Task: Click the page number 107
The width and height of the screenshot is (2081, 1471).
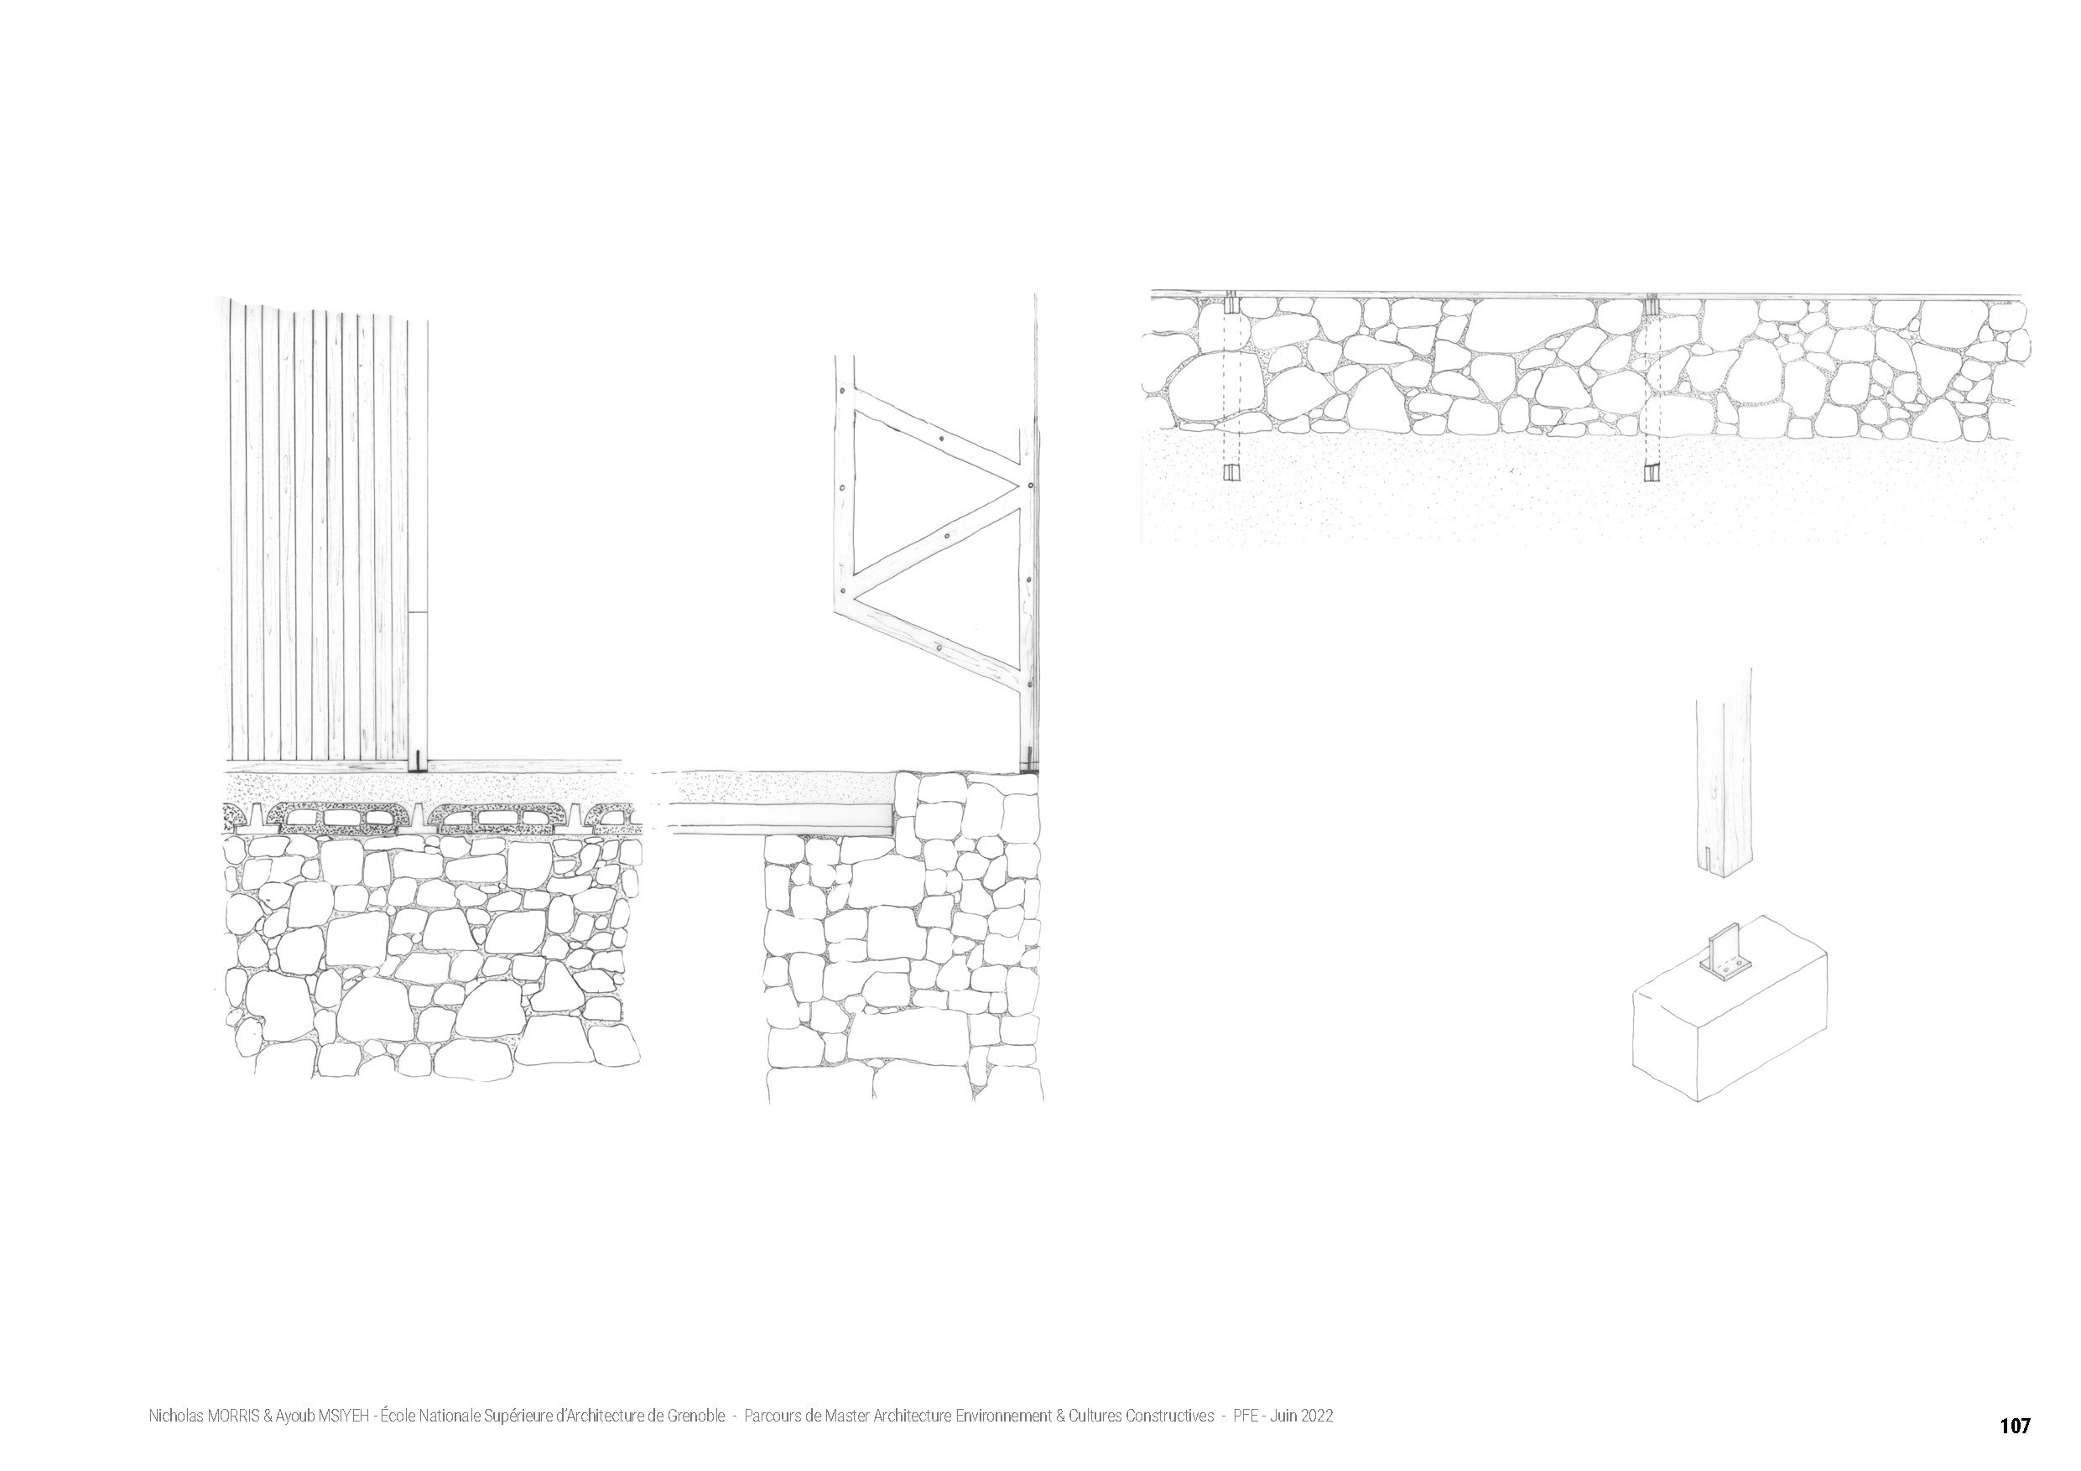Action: click(2015, 1426)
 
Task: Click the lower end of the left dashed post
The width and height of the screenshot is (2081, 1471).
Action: click(1230, 472)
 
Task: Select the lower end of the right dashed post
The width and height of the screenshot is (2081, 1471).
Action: click(1652, 471)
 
